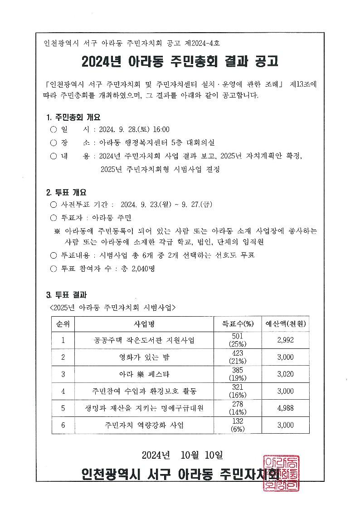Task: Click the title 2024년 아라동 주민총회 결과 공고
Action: [x=180, y=61]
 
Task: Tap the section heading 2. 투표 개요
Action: [x=66, y=192]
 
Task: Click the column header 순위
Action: [x=63, y=323]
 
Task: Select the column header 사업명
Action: [x=145, y=323]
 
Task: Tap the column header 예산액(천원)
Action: [x=285, y=323]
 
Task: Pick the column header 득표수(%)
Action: [x=238, y=323]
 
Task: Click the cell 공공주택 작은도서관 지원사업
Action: [x=145, y=340]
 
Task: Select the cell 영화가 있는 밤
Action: [x=145, y=357]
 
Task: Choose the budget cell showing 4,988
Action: [x=285, y=408]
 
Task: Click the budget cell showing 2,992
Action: [x=285, y=340]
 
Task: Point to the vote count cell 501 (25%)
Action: [x=238, y=340]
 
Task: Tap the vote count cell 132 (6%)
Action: [x=238, y=425]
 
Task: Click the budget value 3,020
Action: [x=285, y=374]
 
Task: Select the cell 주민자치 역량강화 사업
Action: [x=145, y=425]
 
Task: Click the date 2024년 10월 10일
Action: [x=182, y=454]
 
